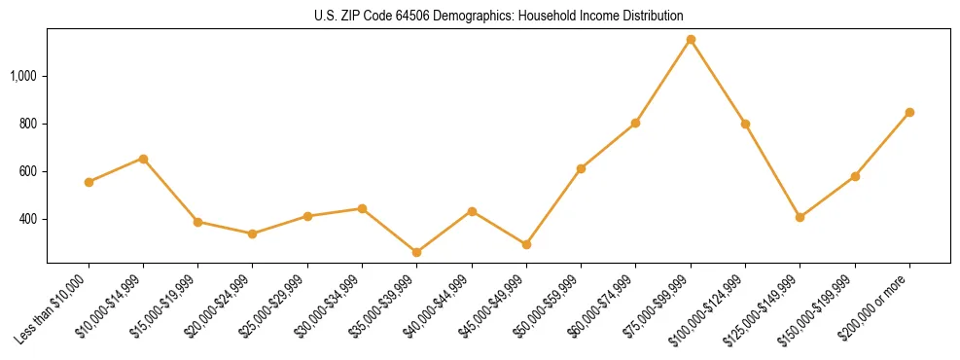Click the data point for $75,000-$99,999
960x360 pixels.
point(691,40)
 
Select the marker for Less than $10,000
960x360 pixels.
point(89,182)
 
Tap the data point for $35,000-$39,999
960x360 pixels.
point(417,252)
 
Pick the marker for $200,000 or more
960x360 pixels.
point(909,113)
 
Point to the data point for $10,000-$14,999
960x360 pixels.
point(143,159)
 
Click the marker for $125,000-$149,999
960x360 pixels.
point(800,217)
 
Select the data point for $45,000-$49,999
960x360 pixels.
point(526,244)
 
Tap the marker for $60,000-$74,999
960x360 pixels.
point(635,124)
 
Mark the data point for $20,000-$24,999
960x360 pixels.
point(253,234)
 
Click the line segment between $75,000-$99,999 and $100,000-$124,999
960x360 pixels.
point(718,82)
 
